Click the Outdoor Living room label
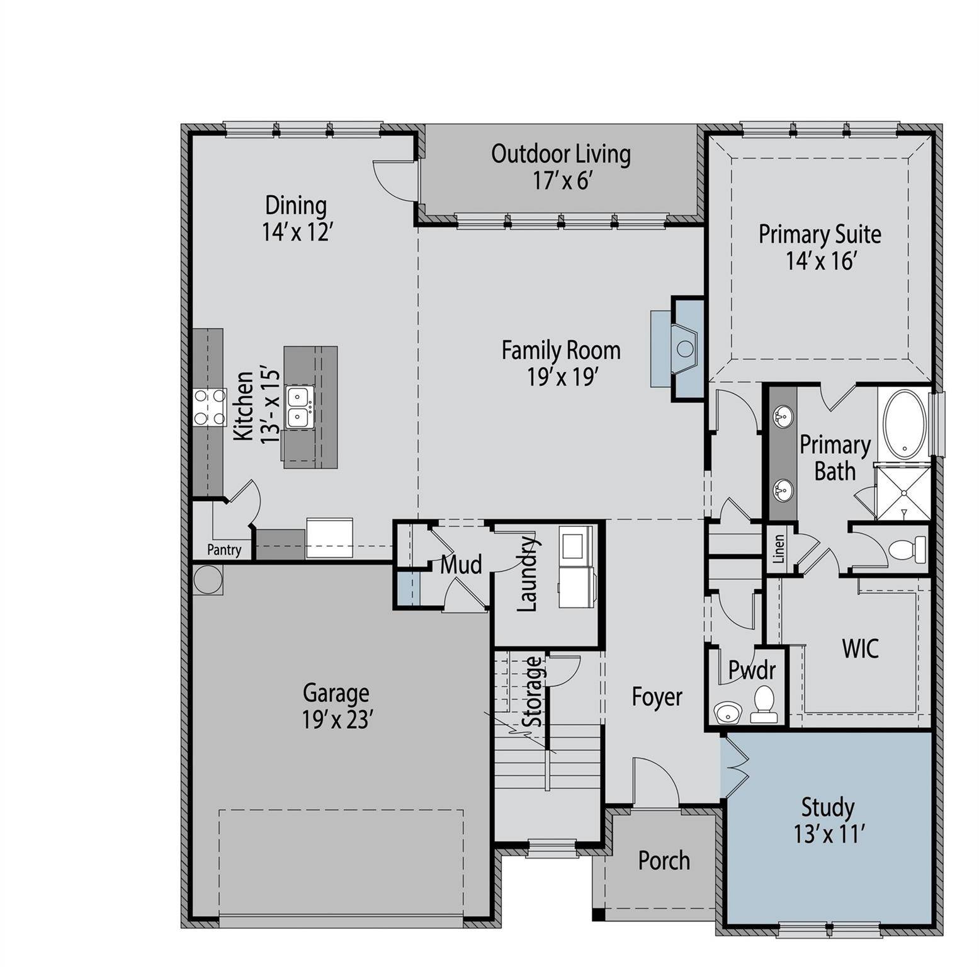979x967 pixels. [x=561, y=154]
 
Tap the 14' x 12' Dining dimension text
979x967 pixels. [x=297, y=232]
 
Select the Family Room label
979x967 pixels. [x=561, y=350]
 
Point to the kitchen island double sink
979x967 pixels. [x=298, y=407]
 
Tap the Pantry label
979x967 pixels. [x=224, y=550]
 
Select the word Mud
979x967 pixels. [x=461, y=565]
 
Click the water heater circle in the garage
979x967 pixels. [x=208, y=579]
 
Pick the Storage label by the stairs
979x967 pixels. [x=533, y=691]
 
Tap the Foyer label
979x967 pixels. [x=657, y=698]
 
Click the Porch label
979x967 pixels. [x=664, y=861]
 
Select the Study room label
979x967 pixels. [x=827, y=808]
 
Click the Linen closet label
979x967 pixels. [x=779, y=549]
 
